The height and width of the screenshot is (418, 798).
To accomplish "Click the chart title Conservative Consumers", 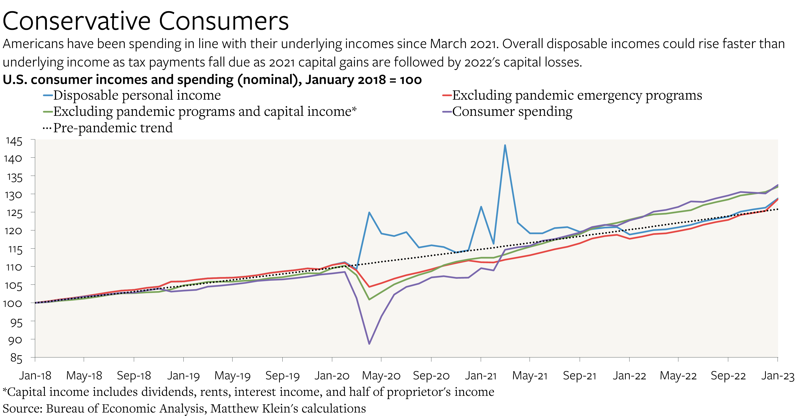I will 146,21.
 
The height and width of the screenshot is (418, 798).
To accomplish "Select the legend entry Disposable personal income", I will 137,95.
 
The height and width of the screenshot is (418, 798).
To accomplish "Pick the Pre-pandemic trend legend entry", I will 112,128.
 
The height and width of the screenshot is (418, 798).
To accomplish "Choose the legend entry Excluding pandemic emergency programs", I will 577,95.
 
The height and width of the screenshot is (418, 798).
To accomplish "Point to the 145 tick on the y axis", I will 14,141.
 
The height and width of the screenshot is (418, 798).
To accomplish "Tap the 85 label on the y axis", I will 16,358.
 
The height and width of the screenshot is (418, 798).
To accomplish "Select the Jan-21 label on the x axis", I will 480,376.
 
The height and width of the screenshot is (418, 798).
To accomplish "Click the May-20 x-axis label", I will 381,376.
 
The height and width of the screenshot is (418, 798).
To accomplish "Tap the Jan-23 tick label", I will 778,376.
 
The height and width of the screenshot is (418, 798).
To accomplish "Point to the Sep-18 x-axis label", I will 134,376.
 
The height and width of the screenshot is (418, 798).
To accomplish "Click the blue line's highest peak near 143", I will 505,145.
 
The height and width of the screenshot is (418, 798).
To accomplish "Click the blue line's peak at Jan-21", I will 481,207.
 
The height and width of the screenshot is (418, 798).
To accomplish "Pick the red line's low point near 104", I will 369,287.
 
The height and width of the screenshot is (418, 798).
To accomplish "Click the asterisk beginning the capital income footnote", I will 5,390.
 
